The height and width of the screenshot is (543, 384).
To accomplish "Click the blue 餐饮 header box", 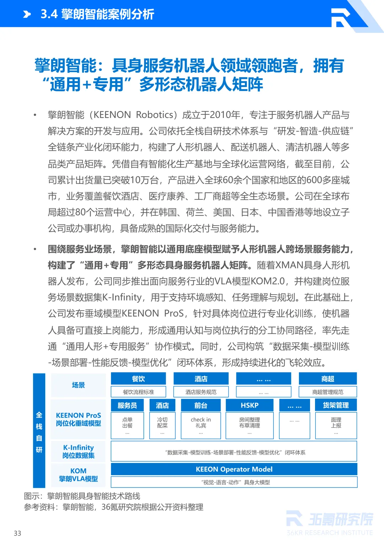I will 138,379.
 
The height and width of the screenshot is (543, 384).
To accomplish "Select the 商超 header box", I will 327,379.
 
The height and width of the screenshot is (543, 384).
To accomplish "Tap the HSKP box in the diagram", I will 250,405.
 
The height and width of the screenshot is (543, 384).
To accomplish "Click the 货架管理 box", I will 336,405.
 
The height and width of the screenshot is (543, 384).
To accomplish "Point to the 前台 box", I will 201,405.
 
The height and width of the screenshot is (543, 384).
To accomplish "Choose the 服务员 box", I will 127,405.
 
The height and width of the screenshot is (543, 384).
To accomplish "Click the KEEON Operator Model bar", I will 234,469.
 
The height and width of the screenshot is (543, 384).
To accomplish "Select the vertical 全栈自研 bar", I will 39,430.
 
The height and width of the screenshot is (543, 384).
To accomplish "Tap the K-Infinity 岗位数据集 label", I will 78,451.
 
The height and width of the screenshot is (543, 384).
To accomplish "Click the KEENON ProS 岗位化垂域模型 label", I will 78,419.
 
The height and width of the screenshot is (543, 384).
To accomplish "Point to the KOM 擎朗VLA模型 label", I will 78,475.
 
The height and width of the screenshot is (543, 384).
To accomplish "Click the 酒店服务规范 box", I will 201,392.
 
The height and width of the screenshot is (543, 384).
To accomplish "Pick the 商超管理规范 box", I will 327,392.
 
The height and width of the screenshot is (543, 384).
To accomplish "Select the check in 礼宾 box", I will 201,425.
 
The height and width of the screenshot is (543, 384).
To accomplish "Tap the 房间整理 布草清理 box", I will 250,425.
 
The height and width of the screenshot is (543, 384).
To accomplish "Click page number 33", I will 17,533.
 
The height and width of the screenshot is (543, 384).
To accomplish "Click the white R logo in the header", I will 341,17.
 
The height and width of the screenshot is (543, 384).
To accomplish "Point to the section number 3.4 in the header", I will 49,14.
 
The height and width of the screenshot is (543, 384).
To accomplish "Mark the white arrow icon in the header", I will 27,14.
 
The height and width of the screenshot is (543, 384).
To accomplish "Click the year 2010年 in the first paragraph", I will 225,115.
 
